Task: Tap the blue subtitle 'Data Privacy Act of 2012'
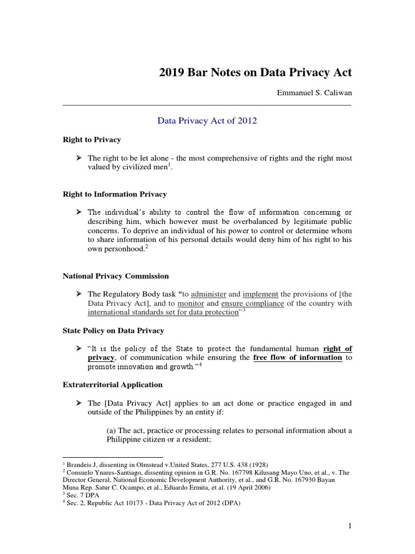point(207,121)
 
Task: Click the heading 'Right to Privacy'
point(92,140)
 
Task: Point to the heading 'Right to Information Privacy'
point(115,194)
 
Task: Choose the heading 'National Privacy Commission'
point(116,276)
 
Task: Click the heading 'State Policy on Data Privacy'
point(113,331)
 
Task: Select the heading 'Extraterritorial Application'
point(112,385)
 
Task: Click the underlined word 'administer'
point(209,294)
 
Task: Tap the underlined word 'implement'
point(260,294)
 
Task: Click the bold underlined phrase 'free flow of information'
point(298,358)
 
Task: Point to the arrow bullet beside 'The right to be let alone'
point(78,158)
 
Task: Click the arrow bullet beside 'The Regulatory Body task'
point(78,294)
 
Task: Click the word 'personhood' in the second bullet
point(123,249)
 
